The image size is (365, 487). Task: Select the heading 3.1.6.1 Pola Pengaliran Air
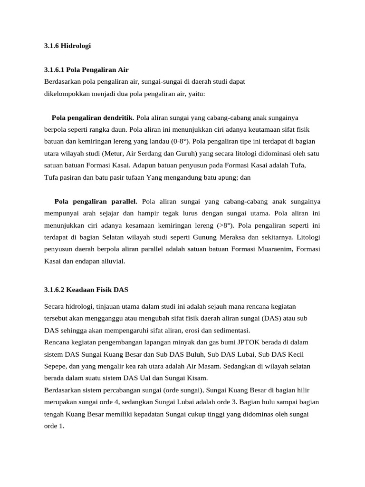[86, 70]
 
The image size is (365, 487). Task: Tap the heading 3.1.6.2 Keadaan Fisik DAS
[86, 289]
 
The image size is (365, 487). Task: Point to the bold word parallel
[123, 201]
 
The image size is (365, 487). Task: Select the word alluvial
[111, 261]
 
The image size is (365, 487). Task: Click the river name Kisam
[196, 378]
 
